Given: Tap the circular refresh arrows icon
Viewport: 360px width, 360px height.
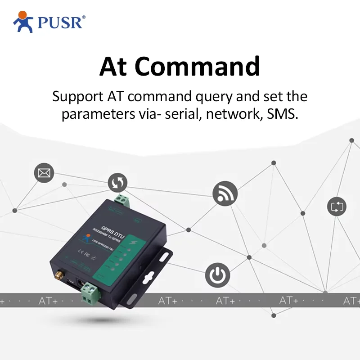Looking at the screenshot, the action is [117, 183].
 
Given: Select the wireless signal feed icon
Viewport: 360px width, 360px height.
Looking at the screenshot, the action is [225, 193].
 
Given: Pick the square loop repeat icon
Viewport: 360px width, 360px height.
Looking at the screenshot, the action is [337, 207].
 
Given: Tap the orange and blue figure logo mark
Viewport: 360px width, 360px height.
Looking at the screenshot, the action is [23, 22].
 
